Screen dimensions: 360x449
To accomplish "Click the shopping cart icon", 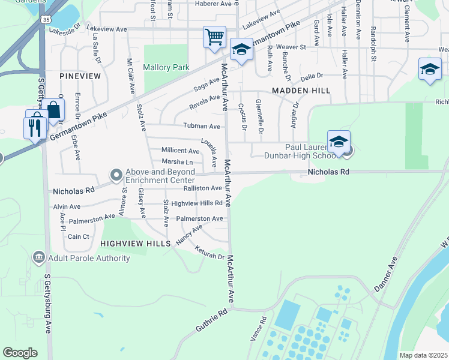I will pos(214,37).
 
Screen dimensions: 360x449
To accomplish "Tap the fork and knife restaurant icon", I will pos(34,127).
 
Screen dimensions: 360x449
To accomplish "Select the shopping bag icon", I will pos(53,110).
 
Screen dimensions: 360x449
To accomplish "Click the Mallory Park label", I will pos(166,68).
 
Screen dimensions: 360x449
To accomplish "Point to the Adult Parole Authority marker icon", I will pos(39,257).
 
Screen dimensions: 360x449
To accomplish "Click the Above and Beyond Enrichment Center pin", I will pos(116,175).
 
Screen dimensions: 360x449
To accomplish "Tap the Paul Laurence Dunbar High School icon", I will pos(339,142).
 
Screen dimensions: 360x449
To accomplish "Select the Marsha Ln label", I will pos(177,162).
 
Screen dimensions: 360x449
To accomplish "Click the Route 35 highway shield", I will pos(46,20).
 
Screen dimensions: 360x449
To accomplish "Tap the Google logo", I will pos(20,353).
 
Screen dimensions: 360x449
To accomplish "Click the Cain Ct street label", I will pos(79,236).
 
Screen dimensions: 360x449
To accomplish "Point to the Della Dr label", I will pos(312,76).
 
